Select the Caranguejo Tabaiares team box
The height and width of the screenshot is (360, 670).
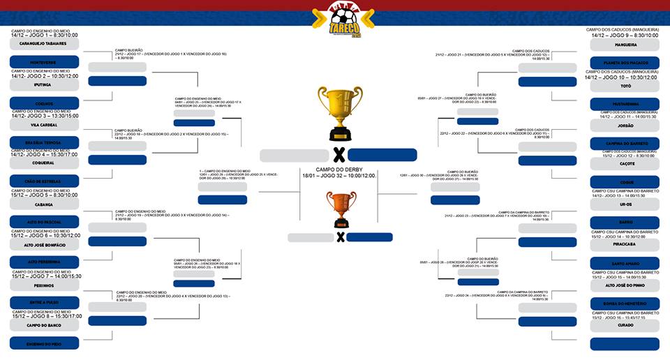coord(44,43)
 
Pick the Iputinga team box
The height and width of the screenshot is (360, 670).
coord(44,84)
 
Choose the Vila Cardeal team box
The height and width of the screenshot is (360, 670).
coord(44,125)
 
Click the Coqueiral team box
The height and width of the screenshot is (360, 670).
coord(44,163)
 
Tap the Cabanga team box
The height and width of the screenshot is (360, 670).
coord(44,205)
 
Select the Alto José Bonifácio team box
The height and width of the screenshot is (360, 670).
coord(44,245)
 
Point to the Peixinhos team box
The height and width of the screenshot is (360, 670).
coord(44,285)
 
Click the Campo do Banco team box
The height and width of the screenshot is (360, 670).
coord(44,325)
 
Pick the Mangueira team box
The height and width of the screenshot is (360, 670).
coord(625,43)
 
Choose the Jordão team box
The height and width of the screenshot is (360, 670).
coord(625,125)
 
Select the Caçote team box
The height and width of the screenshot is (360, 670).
coord(625,163)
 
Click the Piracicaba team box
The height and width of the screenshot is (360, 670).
coord(625,245)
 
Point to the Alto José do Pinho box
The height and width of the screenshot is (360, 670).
coord(625,285)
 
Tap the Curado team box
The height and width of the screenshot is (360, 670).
coord(625,325)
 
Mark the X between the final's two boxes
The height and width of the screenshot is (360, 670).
coord(338,155)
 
